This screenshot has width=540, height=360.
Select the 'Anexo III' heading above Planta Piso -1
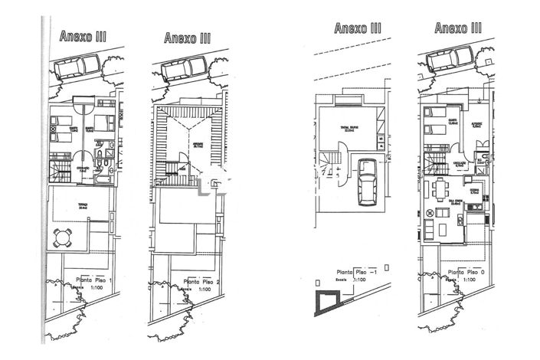click(358, 28)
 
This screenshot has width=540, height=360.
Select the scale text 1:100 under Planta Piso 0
click(470, 280)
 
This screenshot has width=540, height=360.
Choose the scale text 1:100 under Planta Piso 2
click(205, 290)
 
